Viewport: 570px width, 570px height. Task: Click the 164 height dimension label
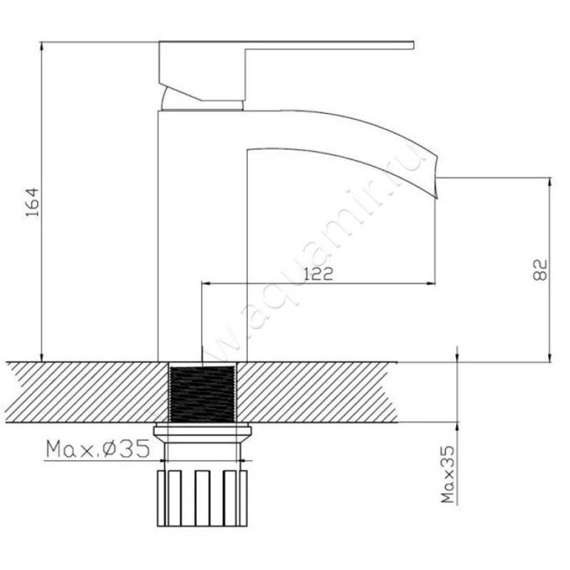pyautogui.click(x=33, y=202)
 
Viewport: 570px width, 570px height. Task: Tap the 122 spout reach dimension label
pyautogui.click(x=318, y=274)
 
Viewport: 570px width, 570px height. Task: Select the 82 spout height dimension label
pyautogui.click(x=540, y=269)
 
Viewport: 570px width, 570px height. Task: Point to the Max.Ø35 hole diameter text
pyautogui.click(x=98, y=449)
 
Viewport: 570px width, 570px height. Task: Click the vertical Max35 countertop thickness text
pyautogui.click(x=448, y=475)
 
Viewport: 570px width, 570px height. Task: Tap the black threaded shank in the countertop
pyautogui.click(x=202, y=394)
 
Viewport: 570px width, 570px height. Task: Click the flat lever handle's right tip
pyautogui.click(x=413, y=45)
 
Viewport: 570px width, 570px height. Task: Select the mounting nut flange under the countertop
pyautogui.click(x=202, y=432)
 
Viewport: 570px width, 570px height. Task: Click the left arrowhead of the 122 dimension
pyautogui.click(x=205, y=283)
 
